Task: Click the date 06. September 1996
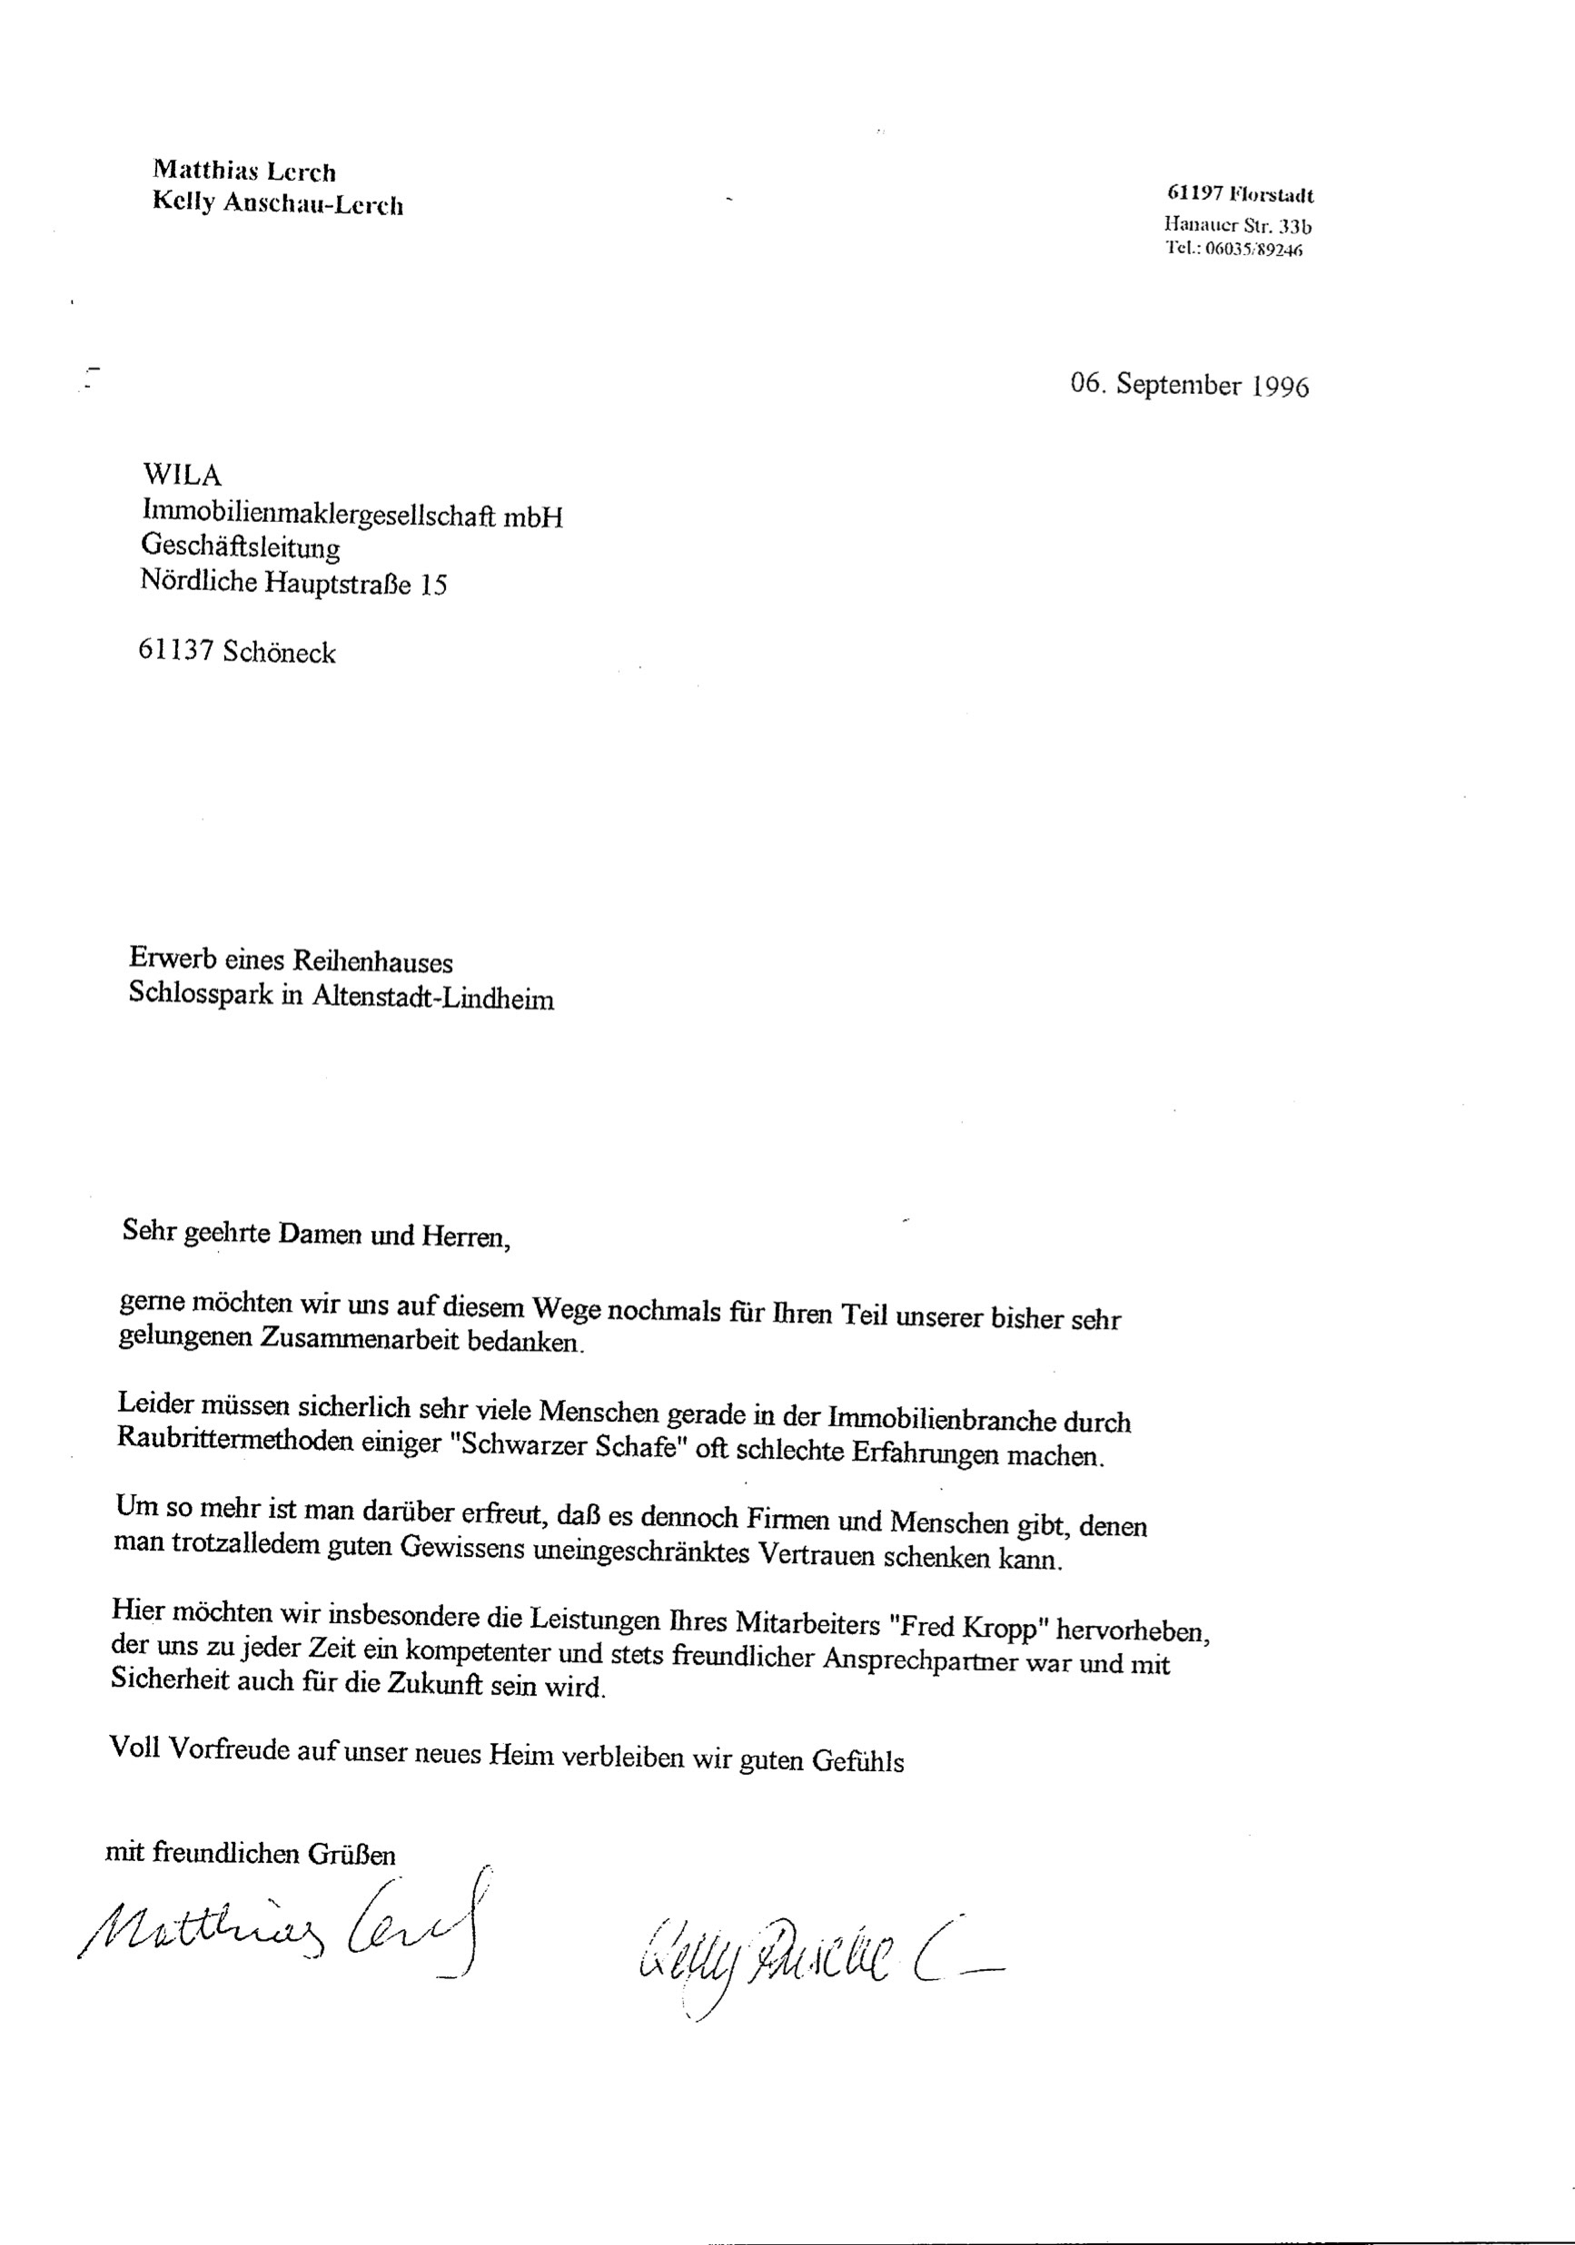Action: point(1189,384)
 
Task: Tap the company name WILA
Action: point(182,475)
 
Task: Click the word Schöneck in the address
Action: point(279,652)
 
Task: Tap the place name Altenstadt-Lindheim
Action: point(433,999)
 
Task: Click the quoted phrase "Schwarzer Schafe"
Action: point(566,1446)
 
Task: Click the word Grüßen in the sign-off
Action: point(352,1853)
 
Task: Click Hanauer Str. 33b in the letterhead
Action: point(1237,226)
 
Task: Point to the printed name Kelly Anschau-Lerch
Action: point(278,204)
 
